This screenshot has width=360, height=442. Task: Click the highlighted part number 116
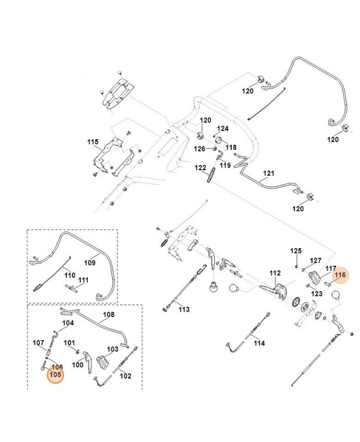pos(340,274)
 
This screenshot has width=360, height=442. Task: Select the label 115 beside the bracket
pos(92,142)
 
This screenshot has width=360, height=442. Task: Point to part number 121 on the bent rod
pos(268,173)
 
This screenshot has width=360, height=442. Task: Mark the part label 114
pos(259,343)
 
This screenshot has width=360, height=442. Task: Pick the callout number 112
pos(276,273)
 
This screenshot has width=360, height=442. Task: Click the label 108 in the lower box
pos(109,314)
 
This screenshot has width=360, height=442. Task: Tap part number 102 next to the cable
pos(125,376)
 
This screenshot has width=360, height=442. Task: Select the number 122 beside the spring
pos(200,167)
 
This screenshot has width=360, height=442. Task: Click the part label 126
pos(199,149)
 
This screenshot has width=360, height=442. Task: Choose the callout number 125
pos(296,251)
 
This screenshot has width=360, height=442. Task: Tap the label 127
pos(315,260)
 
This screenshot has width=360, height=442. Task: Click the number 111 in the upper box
pos(83,281)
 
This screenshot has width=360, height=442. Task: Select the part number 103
pos(113,349)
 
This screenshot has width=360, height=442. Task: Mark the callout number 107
pos(38,343)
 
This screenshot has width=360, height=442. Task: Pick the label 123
pos(316,293)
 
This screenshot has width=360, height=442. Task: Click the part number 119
pos(225,165)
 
